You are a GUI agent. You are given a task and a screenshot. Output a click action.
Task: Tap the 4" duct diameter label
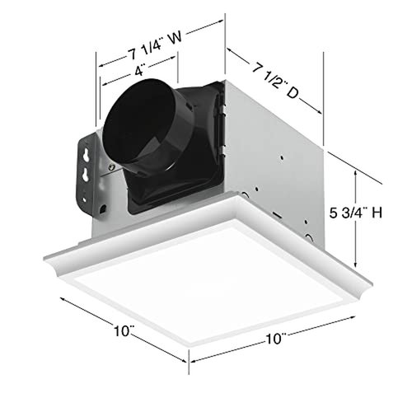click(x=138, y=73)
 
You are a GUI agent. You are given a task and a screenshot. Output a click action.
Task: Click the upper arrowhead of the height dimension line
click(x=356, y=171)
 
